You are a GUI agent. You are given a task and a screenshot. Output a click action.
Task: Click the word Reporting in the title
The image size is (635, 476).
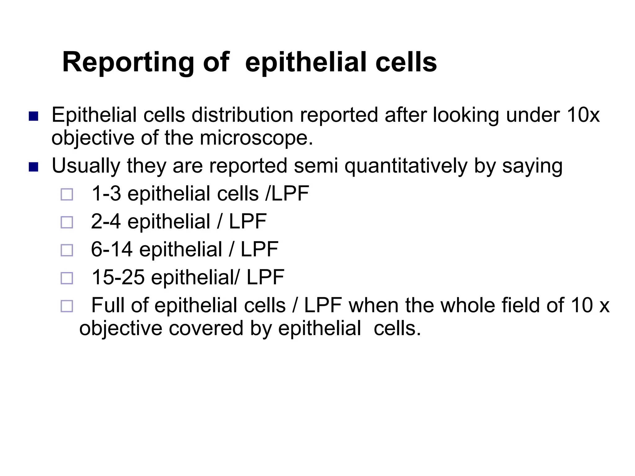pyautogui.click(x=128, y=63)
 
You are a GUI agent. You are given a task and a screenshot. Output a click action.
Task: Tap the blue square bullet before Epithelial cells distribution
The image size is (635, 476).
pyautogui.click(x=33, y=117)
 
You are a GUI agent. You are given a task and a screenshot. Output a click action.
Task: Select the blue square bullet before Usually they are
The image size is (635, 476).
pyautogui.click(x=33, y=167)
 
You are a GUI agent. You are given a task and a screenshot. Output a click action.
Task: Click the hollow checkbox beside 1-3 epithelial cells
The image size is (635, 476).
pyautogui.click(x=67, y=195)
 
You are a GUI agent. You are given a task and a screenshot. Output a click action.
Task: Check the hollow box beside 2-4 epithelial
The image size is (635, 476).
pyautogui.click(x=67, y=223)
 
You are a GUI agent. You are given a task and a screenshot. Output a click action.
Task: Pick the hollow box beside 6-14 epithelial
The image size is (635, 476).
pyautogui.click(x=67, y=250)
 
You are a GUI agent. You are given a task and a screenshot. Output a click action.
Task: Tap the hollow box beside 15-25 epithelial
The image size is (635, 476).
pyautogui.click(x=67, y=278)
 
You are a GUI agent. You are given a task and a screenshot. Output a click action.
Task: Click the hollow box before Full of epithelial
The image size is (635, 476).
pyautogui.click(x=67, y=306)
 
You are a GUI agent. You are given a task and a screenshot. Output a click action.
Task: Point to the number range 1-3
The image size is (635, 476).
pyautogui.click(x=106, y=194)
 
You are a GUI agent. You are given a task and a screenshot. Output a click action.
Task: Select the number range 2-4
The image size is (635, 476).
pyautogui.click(x=106, y=222)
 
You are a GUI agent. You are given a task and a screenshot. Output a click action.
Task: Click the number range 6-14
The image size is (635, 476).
pyautogui.click(x=112, y=249)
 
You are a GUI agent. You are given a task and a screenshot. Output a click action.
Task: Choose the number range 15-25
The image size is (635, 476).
pyautogui.click(x=118, y=277)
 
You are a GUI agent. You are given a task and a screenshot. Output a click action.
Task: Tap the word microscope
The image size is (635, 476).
pyautogui.click(x=256, y=138)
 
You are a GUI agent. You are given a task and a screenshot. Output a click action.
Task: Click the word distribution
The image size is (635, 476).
pyautogui.click(x=242, y=115)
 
